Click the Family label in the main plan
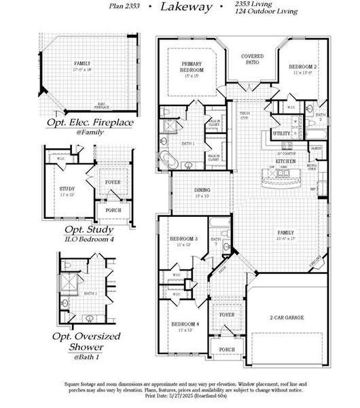[286, 233]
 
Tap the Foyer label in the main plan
[226, 315]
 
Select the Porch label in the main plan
[226, 350]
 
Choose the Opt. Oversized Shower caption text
[87, 341]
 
